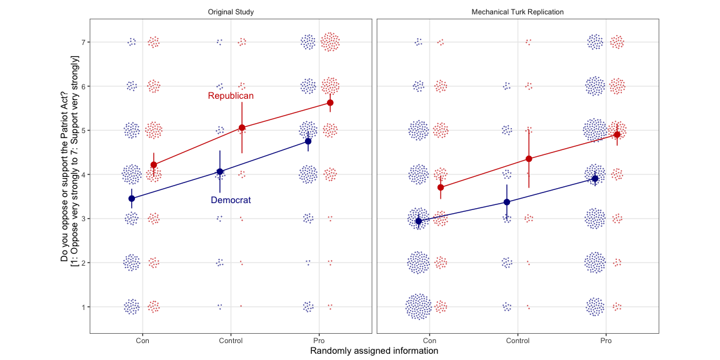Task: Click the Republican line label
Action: coord(231,96)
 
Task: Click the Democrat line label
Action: coord(231,200)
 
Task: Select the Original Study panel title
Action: coord(231,12)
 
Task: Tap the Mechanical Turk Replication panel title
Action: coord(517,12)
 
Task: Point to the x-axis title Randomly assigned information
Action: coord(374,351)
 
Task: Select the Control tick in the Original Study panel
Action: coord(231,341)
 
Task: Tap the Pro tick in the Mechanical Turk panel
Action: coord(606,341)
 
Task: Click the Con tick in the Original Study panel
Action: coord(142,341)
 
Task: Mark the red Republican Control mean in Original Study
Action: coord(242,127)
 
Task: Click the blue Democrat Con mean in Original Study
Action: coord(132,198)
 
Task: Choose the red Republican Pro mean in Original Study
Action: coord(330,102)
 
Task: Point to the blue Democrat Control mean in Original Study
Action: coord(220,171)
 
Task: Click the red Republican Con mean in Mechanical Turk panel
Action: coord(441,187)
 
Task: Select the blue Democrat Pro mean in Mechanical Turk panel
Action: coord(595,179)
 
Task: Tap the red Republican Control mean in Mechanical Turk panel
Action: coord(529,159)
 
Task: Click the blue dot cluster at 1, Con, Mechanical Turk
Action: coord(418,307)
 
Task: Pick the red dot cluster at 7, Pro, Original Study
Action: coord(330,42)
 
